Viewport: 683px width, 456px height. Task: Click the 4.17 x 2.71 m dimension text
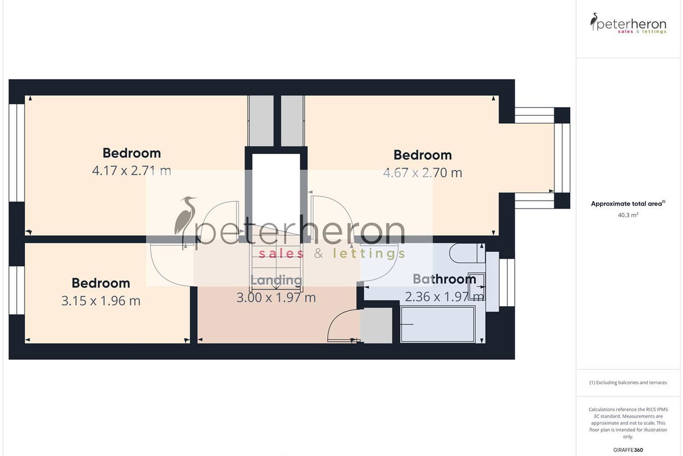point(131,170)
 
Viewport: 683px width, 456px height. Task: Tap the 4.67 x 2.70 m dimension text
point(422,173)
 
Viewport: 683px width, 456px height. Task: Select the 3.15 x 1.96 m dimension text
point(101,301)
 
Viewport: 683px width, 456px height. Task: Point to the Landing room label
point(276,280)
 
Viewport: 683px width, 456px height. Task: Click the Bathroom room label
point(445,279)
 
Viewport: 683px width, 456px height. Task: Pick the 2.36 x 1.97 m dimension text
point(445,296)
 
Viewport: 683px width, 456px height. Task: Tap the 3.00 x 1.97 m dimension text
point(276,297)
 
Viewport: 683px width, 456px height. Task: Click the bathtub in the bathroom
point(438,324)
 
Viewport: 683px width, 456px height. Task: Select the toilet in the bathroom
point(466,253)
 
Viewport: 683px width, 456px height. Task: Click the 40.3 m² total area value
point(628,215)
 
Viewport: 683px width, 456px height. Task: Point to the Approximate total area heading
point(628,203)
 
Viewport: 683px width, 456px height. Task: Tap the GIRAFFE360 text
point(628,450)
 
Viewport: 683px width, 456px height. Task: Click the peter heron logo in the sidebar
point(628,23)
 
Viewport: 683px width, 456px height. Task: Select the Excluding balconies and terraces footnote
point(628,382)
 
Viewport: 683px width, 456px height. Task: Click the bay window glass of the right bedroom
point(562,158)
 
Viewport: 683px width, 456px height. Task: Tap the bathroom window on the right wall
point(507,283)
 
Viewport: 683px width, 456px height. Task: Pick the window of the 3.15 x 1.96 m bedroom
point(17,290)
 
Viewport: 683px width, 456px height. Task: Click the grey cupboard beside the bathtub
point(376,325)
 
